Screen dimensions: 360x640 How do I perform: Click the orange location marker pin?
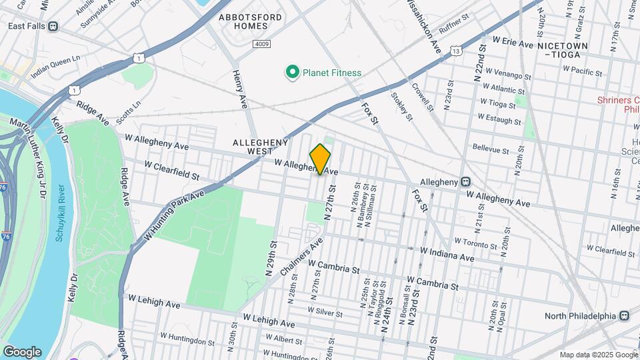pos(321,159)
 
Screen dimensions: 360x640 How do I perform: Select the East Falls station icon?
pos(53,26)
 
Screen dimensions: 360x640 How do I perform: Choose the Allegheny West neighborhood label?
pos(260,147)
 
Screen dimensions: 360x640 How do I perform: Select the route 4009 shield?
pos(261,43)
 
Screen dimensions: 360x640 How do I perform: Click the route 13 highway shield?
pos(456,50)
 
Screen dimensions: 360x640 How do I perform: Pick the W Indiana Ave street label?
pos(447,254)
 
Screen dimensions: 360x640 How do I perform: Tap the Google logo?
pos(22,351)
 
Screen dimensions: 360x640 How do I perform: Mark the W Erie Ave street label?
pos(513,43)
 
